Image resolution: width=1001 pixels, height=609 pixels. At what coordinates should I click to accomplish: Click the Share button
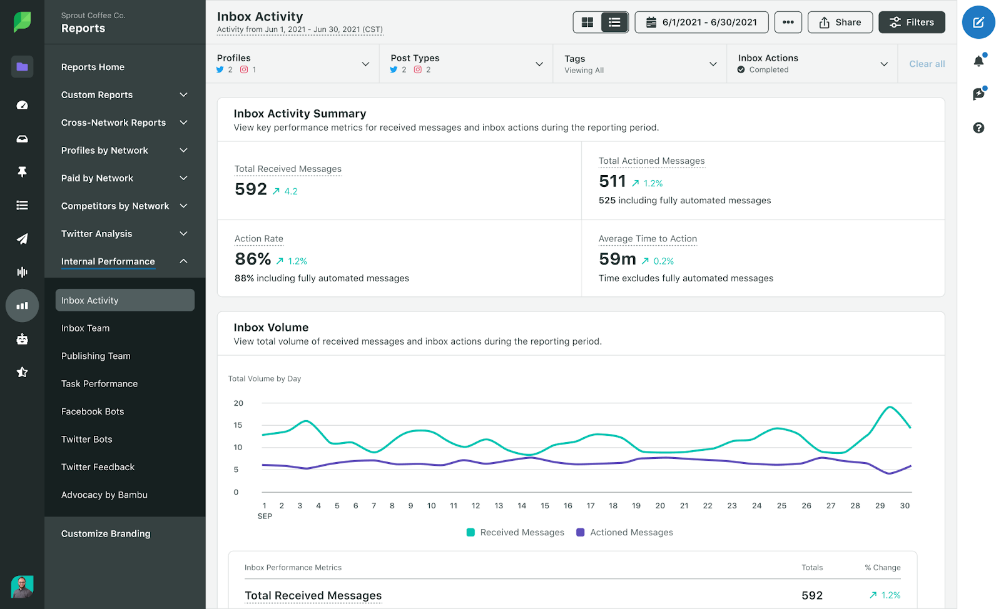pyautogui.click(x=840, y=23)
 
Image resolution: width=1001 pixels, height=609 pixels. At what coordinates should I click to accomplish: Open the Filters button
pyautogui.click(x=912, y=23)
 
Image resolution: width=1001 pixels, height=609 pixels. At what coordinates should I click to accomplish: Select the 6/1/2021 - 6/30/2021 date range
pyautogui.click(x=701, y=23)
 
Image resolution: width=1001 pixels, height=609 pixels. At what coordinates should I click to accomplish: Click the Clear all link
pyautogui.click(x=927, y=64)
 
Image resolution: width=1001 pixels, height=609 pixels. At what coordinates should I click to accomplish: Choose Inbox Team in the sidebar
pyautogui.click(x=86, y=328)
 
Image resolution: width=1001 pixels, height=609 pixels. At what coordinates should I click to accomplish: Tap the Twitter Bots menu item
pyautogui.click(x=87, y=440)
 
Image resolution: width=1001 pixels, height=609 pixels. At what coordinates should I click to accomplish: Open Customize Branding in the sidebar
pyautogui.click(x=106, y=534)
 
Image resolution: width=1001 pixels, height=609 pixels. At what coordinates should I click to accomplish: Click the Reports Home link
pyautogui.click(x=93, y=67)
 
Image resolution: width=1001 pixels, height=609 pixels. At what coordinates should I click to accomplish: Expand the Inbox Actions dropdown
pyautogui.click(x=812, y=63)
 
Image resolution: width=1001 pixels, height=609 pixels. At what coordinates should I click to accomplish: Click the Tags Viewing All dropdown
pyautogui.click(x=640, y=64)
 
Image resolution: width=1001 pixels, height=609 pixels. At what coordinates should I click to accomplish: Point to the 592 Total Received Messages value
pyautogui.click(x=251, y=189)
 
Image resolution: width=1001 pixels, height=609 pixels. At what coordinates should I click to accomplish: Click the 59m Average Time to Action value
pyautogui.click(x=617, y=259)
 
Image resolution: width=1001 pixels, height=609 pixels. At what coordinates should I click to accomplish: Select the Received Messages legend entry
pyautogui.click(x=516, y=533)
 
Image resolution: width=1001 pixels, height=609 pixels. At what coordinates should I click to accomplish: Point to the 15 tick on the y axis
pyautogui.click(x=238, y=425)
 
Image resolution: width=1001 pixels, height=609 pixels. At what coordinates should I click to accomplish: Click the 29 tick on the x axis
pyautogui.click(x=880, y=506)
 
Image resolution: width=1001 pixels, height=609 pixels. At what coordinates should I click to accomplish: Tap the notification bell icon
pyautogui.click(x=978, y=61)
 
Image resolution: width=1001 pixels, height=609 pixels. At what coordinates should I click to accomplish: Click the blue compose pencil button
pyautogui.click(x=978, y=23)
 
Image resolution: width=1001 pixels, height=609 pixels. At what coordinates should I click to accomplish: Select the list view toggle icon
pyautogui.click(x=614, y=23)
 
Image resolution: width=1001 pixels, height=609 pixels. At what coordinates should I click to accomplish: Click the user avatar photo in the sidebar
pyautogui.click(x=22, y=586)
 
